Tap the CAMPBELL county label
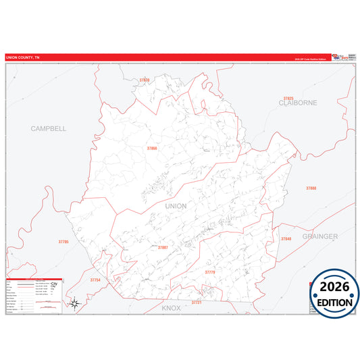point(49,128)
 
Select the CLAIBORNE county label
point(298,103)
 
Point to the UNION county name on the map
point(176,206)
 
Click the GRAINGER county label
point(319,236)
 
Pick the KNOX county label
point(172,307)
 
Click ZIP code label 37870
point(144,80)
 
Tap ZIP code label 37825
point(289,98)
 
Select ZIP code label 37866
point(152,148)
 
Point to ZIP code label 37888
point(311,188)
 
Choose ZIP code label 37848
point(286,239)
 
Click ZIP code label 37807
point(163,247)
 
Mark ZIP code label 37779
point(209,272)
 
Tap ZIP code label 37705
point(63,241)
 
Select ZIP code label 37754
point(95,280)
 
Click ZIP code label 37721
point(197,303)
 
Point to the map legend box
point(34,296)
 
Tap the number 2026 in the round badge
point(334,286)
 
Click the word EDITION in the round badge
point(334,303)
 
